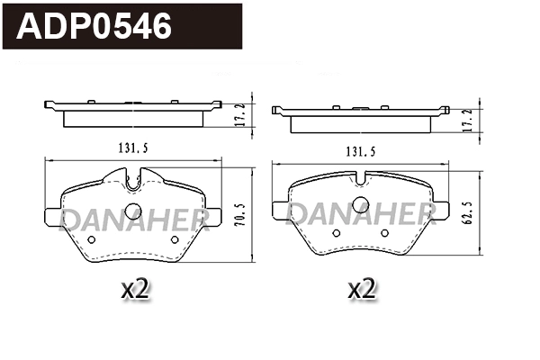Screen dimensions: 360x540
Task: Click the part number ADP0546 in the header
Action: point(95,27)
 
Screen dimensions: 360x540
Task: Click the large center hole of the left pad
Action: point(133,211)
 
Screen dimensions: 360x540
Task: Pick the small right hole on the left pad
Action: point(174,239)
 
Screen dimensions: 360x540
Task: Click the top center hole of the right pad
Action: point(360,202)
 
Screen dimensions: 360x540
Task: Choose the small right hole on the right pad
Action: point(384,232)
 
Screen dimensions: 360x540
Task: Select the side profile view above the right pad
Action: point(362,114)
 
